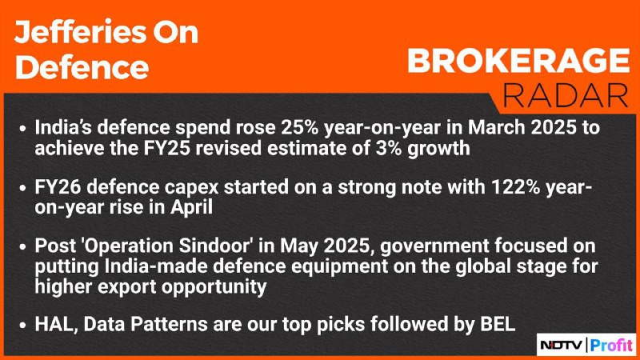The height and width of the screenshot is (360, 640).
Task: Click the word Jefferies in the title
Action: pyautogui.click(x=80, y=32)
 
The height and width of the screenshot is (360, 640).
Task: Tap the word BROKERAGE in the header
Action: pyautogui.click(x=518, y=61)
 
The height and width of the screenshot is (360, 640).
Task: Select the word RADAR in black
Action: pyautogui.click(x=566, y=96)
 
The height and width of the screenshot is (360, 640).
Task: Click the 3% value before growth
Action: pyautogui.click(x=388, y=148)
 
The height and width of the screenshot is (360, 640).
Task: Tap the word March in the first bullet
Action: pyautogui.click(x=493, y=128)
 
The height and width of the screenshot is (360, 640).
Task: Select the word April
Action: pyautogui.click(x=191, y=207)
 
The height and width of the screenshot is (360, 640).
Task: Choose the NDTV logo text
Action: pyautogui.click(x=562, y=346)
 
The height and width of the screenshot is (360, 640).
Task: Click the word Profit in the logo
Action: pyautogui.click(x=611, y=345)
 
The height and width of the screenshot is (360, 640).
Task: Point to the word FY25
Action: pyautogui.click(x=166, y=148)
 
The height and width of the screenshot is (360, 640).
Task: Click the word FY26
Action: pyautogui.click(x=58, y=187)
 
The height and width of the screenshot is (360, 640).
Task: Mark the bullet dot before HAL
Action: pyautogui.click(x=23, y=326)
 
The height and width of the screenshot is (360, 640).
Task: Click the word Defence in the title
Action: pyautogui.click(x=82, y=67)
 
